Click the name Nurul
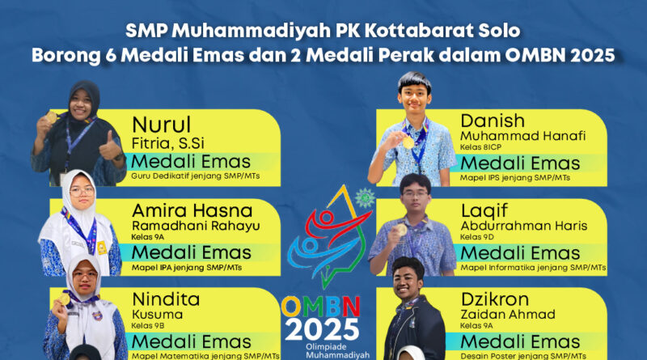coord(161,125)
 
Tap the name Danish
coord(493,121)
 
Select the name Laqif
coord(484,211)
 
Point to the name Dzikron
coord(495,299)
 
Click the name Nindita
coord(166,299)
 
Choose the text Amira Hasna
coord(192,211)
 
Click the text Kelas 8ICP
coord(480,147)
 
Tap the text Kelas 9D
coord(477,237)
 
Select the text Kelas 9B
coord(148,326)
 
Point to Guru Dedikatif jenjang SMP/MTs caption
coord(196,176)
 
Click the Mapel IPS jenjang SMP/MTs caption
coord(515,178)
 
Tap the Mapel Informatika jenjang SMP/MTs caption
coord(533,268)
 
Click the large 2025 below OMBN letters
coord(322,329)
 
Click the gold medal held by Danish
coord(408,143)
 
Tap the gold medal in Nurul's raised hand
coord(51,116)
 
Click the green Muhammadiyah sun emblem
coord(365,197)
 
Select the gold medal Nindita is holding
coord(65,299)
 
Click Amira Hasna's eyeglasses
coord(82,191)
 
